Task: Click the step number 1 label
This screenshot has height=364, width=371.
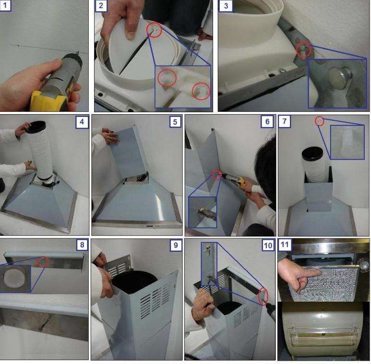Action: click(5, 5)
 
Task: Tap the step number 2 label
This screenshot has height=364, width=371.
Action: click(101, 5)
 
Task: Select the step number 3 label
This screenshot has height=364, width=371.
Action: click(226, 5)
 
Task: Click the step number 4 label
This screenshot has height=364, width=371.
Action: click(82, 122)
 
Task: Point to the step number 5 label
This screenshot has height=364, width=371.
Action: click(175, 122)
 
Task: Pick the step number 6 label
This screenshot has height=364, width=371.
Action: click(267, 121)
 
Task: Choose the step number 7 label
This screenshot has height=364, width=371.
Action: click(285, 121)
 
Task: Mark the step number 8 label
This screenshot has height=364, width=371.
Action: click(82, 245)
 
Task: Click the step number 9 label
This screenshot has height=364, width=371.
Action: click(176, 245)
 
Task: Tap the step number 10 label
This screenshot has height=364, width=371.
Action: click(268, 245)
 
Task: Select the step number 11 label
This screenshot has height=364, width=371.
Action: click(285, 245)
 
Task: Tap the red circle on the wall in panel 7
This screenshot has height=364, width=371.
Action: click(319, 121)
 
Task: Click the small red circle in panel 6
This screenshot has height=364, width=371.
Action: click(216, 175)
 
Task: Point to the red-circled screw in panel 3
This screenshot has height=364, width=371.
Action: click(303, 50)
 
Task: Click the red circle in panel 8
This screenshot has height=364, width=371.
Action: click(43, 262)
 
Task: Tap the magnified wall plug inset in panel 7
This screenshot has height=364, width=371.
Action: click(347, 142)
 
